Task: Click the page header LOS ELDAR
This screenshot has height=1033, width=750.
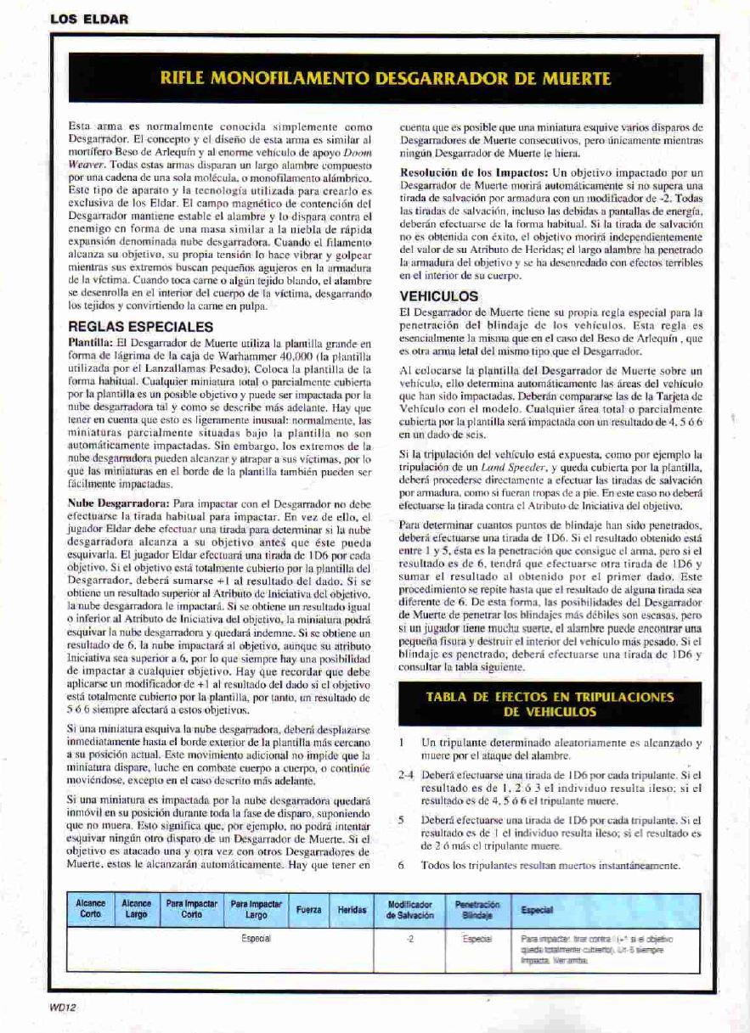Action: pyautogui.click(x=89, y=19)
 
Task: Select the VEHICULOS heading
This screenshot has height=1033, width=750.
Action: pyautogui.click(x=438, y=296)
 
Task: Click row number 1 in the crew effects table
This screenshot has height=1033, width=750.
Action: pyautogui.click(x=402, y=743)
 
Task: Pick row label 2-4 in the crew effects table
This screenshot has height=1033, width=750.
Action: pyautogui.click(x=405, y=776)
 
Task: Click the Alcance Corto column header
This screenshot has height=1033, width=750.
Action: pyautogui.click(x=91, y=908)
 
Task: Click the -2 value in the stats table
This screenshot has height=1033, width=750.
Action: pyautogui.click(x=410, y=939)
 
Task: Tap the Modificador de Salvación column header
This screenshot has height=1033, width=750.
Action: pyautogui.click(x=410, y=909)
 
